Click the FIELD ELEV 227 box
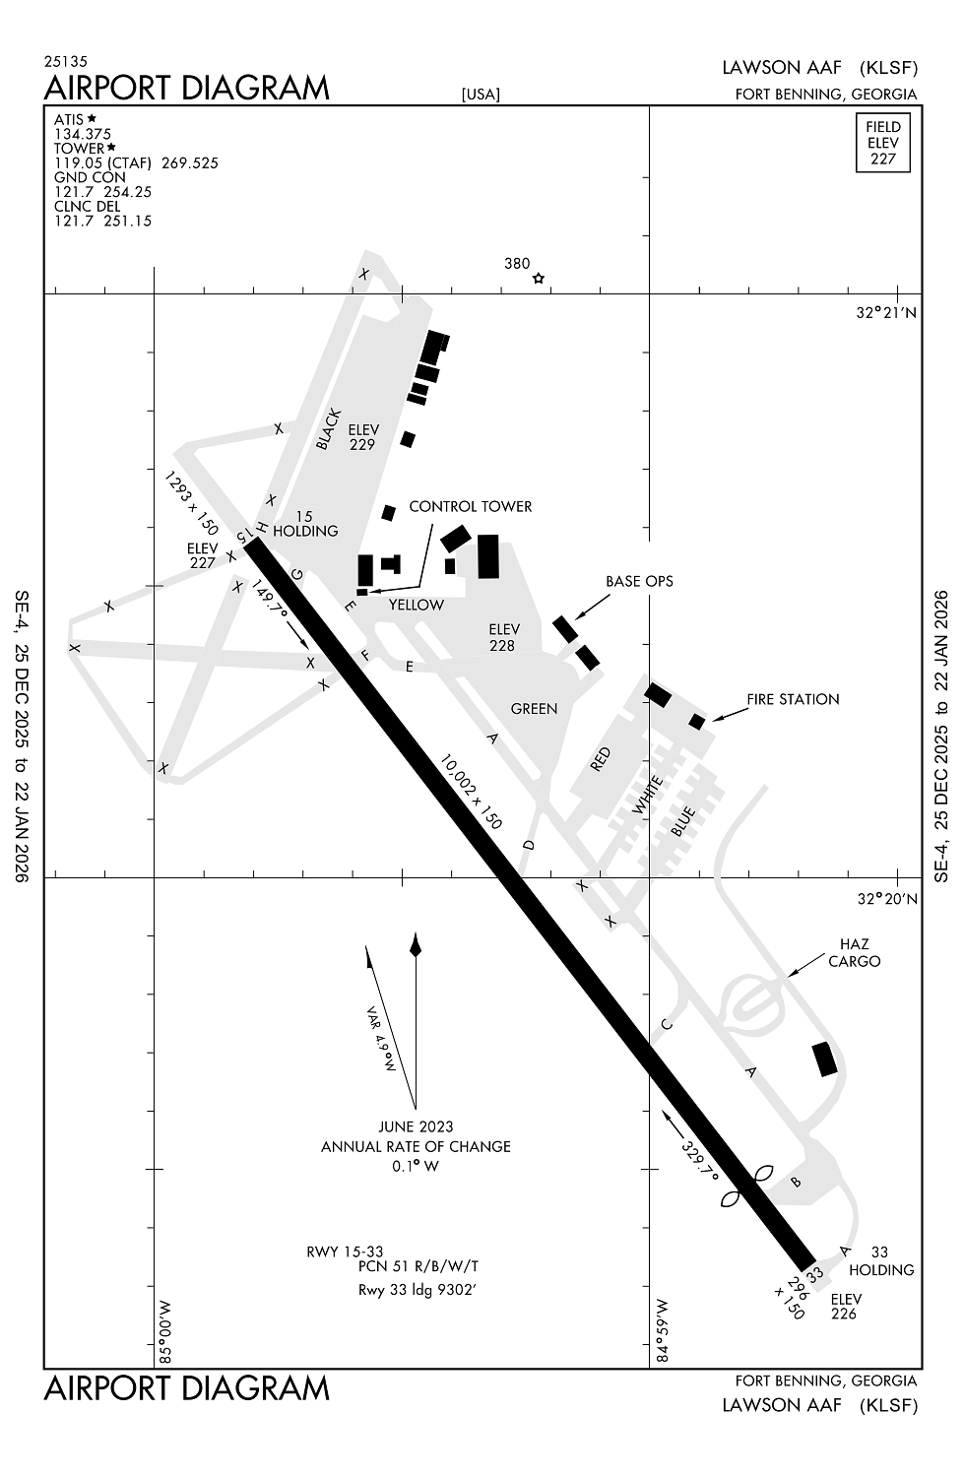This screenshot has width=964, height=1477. pyautogui.click(x=882, y=143)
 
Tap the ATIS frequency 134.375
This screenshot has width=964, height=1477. pyautogui.click(x=83, y=134)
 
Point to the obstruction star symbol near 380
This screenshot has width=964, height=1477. pyautogui.click(x=538, y=279)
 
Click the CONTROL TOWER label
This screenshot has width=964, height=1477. pyautogui.click(x=470, y=506)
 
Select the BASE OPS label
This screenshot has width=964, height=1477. pyautogui.click(x=640, y=581)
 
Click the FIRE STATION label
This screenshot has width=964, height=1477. pyautogui.click(x=793, y=699)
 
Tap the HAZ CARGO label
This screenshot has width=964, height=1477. pyautogui.click(x=854, y=954)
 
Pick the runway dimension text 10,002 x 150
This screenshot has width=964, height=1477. pyautogui.click(x=471, y=792)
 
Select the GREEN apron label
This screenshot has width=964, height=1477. pyautogui.click(x=534, y=709)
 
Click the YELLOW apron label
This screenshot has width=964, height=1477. pyautogui.click(x=417, y=605)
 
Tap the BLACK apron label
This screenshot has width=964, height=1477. pyautogui.click(x=328, y=429)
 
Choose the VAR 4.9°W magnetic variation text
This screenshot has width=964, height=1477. pyautogui.click(x=380, y=1039)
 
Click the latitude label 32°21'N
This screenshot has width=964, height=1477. pyautogui.click(x=886, y=312)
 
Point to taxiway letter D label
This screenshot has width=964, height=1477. pyautogui.click(x=528, y=845)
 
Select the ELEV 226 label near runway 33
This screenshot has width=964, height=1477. pyautogui.click(x=845, y=1307)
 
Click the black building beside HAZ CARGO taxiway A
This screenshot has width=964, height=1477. pyautogui.click(x=824, y=1059)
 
